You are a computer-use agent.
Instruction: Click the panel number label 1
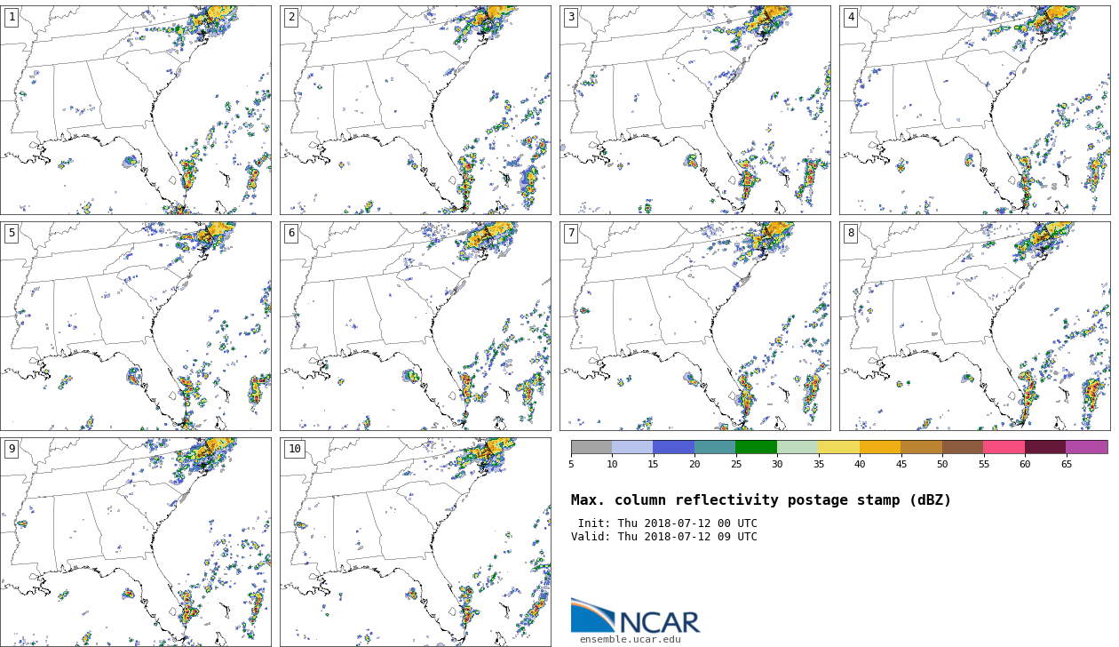(x=12, y=17)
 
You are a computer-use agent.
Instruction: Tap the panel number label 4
(x=851, y=17)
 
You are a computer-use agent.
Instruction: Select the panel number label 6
(x=291, y=233)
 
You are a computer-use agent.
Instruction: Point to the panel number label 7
(x=571, y=233)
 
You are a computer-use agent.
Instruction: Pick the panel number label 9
(x=12, y=449)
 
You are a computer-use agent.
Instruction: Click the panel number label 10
(x=294, y=449)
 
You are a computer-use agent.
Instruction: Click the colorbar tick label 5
(x=571, y=464)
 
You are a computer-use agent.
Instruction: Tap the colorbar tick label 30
(x=777, y=464)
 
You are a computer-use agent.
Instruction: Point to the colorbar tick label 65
(x=1066, y=464)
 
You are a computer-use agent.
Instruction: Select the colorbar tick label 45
(x=901, y=464)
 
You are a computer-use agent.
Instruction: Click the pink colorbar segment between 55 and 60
(x=1004, y=447)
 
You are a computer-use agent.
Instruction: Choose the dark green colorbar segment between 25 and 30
(x=756, y=447)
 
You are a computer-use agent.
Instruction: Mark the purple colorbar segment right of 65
(x=1086, y=447)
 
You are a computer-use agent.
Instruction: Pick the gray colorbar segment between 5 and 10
(x=591, y=447)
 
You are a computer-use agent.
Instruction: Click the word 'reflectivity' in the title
(x=730, y=500)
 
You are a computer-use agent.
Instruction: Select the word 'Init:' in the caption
(x=596, y=523)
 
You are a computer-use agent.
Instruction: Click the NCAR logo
(x=635, y=617)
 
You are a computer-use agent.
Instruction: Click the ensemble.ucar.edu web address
(x=631, y=639)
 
